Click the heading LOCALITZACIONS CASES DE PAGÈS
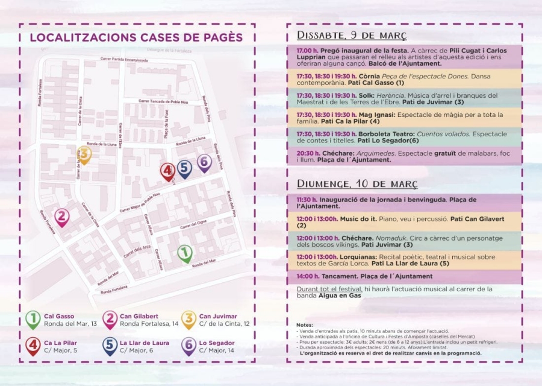point(136,38)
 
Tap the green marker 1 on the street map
point(185,253)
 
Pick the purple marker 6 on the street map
point(204,162)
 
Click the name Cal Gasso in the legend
point(59,316)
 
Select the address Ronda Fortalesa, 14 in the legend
point(149,324)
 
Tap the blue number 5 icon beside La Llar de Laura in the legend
point(110,346)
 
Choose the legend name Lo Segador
point(216,343)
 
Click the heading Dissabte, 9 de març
point(352,35)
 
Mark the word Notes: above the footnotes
point(305,324)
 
